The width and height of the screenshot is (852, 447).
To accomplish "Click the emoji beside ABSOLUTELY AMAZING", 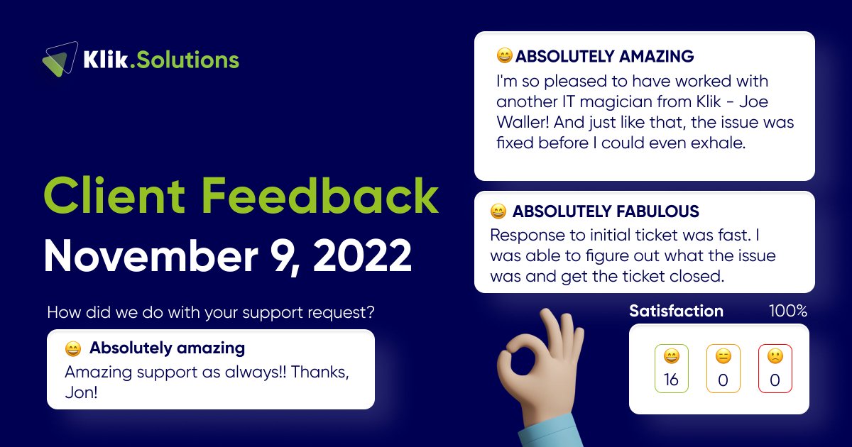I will pyautogui.click(x=504, y=56).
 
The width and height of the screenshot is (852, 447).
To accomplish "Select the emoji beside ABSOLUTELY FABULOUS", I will pyautogui.click(x=498, y=211).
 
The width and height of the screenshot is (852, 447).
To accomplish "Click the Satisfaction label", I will pyautogui.click(x=676, y=311).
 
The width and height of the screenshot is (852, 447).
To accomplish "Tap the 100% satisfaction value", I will pyautogui.click(x=788, y=311).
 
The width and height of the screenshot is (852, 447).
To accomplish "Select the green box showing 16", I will pyautogui.click(x=671, y=369).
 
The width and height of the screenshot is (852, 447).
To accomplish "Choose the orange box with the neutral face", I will pyautogui.click(x=723, y=369).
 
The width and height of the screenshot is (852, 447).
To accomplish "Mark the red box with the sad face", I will pyautogui.click(x=775, y=369).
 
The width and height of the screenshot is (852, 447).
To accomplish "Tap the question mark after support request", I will pyautogui.click(x=371, y=311).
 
